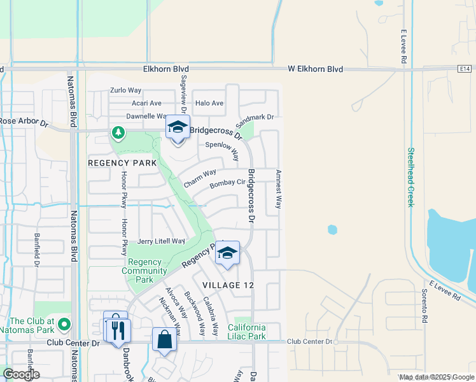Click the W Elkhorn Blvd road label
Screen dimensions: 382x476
pyautogui.click(x=315, y=69)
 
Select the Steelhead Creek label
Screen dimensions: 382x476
pyautogui.click(x=410, y=178)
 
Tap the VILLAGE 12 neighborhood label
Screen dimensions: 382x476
pyautogui.click(x=228, y=285)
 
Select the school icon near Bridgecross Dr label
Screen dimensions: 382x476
pyautogui.click(x=178, y=127)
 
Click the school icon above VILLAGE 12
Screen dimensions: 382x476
pyautogui.click(x=227, y=253)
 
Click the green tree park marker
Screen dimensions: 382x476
pyautogui.click(x=117, y=132)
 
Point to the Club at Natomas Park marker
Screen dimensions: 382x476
pyautogui.click(x=64, y=325)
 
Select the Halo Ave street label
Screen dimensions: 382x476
pyautogui.click(x=209, y=103)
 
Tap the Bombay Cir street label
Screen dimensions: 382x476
pyautogui.click(x=227, y=183)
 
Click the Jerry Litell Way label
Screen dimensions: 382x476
pyautogui.click(x=161, y=241)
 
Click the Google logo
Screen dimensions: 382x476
pyautogui.click(x=20, y=374)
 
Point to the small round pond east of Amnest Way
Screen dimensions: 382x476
pyautogui.click(x=332, y=229)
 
